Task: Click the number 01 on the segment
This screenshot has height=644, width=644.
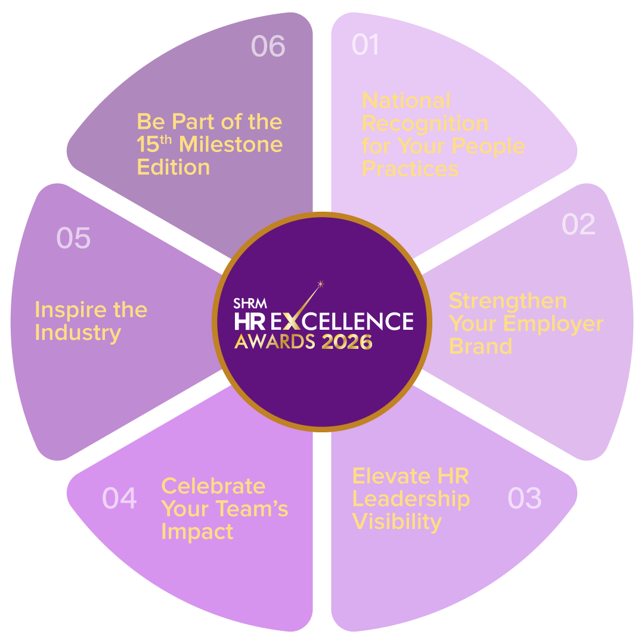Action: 365,45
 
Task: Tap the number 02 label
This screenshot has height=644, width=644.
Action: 578,224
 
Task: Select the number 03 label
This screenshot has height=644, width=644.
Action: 524,498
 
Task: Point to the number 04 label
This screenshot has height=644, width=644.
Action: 119,498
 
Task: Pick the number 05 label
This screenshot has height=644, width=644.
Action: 73,238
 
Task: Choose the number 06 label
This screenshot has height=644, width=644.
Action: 268,46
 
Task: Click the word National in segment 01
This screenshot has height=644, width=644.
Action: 406,100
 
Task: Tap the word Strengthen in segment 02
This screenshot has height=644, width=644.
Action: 507,301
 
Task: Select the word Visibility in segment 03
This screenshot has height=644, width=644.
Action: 397,522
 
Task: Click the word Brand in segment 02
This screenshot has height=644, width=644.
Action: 480,346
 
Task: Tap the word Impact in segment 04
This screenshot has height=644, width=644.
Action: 197,531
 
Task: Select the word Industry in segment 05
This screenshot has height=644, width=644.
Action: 78,333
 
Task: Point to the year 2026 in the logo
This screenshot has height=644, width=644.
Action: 347,342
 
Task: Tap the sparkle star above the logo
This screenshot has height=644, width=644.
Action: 320,283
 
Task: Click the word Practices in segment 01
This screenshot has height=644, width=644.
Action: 410,169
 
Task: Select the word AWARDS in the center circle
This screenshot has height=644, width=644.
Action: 274,342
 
